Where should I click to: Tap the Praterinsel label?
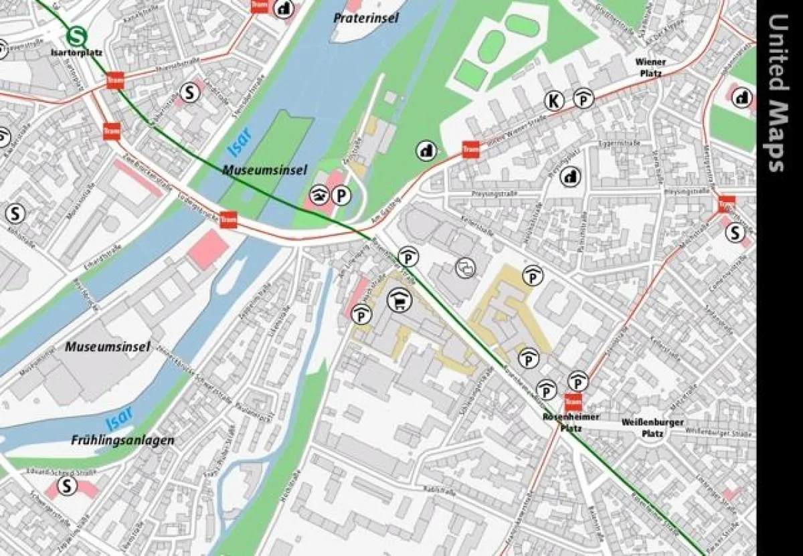click(x=366, y=18)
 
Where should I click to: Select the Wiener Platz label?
click(x=650, y=67)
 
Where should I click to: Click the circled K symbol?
click(x=554, y=100)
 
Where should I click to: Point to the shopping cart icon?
click(x=400, y=300)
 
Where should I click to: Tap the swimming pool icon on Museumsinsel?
click(x=320, y=195)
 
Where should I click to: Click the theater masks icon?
click(x=465, y=268)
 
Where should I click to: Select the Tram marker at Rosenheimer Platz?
click(x=573, y=402)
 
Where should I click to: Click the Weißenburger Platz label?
click(x=652, y=428)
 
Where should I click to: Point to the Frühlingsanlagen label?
click(x=122, y=440)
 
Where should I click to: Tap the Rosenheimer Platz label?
click(x=561, y=422)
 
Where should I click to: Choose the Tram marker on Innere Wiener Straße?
click(x=470, y=149)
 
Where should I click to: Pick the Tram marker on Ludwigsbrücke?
click(x=229, y=219)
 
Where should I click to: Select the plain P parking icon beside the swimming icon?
click(x=342, y=195)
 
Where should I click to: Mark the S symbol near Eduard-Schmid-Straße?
click(x=66, y=486)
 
